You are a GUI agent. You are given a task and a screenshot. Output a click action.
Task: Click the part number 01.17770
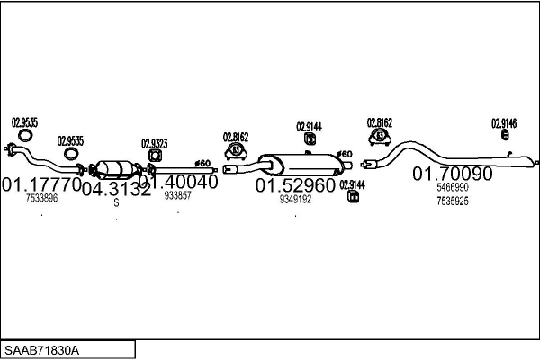point(41,184)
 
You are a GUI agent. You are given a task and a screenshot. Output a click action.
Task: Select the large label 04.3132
point(116,189)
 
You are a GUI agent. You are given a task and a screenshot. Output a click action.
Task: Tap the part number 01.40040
point(178,182)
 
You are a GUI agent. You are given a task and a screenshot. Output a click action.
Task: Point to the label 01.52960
point(295,185)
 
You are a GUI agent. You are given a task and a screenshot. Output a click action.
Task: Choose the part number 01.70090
point(453,174)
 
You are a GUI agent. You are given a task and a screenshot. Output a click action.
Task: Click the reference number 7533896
point(41,198)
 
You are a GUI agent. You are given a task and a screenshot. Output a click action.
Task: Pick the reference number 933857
point(177,195)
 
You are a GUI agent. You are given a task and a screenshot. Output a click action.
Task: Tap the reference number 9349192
point(295,199)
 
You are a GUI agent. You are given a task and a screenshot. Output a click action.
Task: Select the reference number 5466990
point(453,187)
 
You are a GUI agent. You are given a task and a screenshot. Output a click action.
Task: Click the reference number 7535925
point(453,201)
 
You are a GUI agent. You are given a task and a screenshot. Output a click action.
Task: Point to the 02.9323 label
point(154,143)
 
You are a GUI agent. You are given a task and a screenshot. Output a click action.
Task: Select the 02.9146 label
point(504,122)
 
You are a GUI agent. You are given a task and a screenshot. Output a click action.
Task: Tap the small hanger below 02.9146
point(505,135)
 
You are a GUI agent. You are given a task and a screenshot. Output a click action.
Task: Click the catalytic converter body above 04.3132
point(115,168)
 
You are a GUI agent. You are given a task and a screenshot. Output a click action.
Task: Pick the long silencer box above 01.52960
point(297,165)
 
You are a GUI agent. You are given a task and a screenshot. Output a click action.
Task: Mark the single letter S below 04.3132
point(116,203)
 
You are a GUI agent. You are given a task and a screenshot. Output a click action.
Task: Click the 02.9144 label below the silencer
point(352,184)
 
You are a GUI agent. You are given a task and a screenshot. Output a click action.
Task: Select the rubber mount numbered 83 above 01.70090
point(379,136)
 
